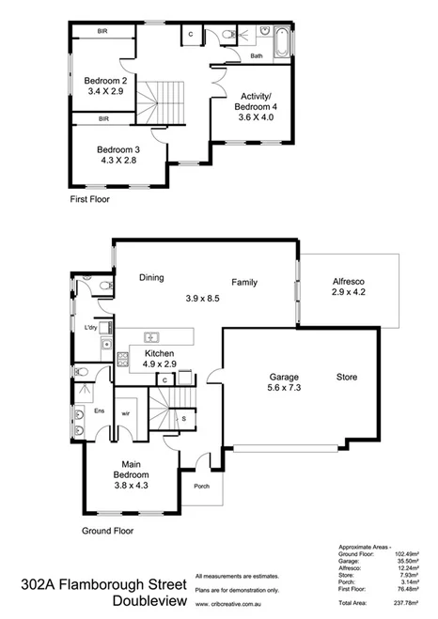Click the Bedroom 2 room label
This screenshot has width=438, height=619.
tap(106, 81)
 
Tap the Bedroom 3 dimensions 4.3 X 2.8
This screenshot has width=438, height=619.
tap(118, 162)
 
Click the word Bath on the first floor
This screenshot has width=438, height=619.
tap(256, 56)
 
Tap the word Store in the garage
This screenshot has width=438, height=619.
tap(349, 379)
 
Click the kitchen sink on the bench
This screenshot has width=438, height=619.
tap(150, 336)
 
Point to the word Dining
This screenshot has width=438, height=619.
tap(152, 277)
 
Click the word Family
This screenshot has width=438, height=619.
tap(246, 281)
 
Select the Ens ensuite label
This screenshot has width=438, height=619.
tap(98, 410)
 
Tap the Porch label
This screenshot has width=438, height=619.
tap(201, 486)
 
